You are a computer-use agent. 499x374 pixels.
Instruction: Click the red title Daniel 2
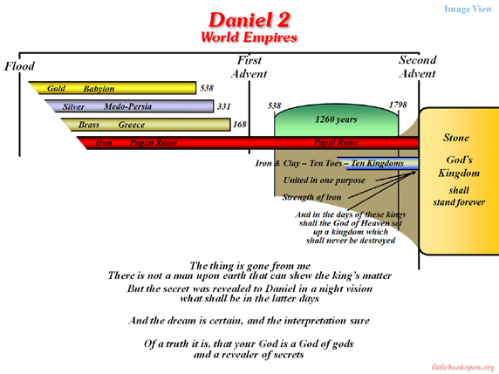click(x=249, y=20)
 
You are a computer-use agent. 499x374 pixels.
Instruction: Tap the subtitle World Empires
click(x=249, y=37)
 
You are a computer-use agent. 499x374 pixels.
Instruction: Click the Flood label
click(x=19, y=66)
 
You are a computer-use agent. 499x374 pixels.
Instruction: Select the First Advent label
click(x=249, y=67)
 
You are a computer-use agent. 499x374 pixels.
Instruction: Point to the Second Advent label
click(x=418, y=66)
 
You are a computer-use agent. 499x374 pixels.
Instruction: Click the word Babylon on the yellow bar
click(x=99, y=89)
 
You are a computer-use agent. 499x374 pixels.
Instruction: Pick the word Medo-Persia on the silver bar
click(x=127, y=106)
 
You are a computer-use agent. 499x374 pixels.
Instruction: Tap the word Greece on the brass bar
click(x=132, y=125)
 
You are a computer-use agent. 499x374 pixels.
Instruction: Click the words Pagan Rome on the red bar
click(x=154, y=143)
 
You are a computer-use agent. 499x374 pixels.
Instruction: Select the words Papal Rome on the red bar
click(x=337, y=142)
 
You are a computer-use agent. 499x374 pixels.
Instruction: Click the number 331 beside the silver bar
click(x=223, y=106)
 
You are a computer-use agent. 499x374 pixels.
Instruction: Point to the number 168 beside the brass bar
click(x=240, y=125)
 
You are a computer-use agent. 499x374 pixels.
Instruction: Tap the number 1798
click(x=398, y=105)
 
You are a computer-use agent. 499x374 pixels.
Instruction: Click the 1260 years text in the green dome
click(x=336, y=119)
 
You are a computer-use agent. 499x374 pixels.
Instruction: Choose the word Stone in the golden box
click(x=456, y=138)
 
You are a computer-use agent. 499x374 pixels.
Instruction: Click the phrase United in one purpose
click(x=325, y=180)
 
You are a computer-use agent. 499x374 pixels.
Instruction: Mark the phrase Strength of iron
click(x=312, y=197)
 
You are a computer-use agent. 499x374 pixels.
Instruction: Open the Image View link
click(x=468, y=9)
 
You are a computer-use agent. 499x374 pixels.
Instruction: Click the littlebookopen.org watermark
click(x=463, y=367)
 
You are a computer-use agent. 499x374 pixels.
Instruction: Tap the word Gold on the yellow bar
click(x=56, y=88)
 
